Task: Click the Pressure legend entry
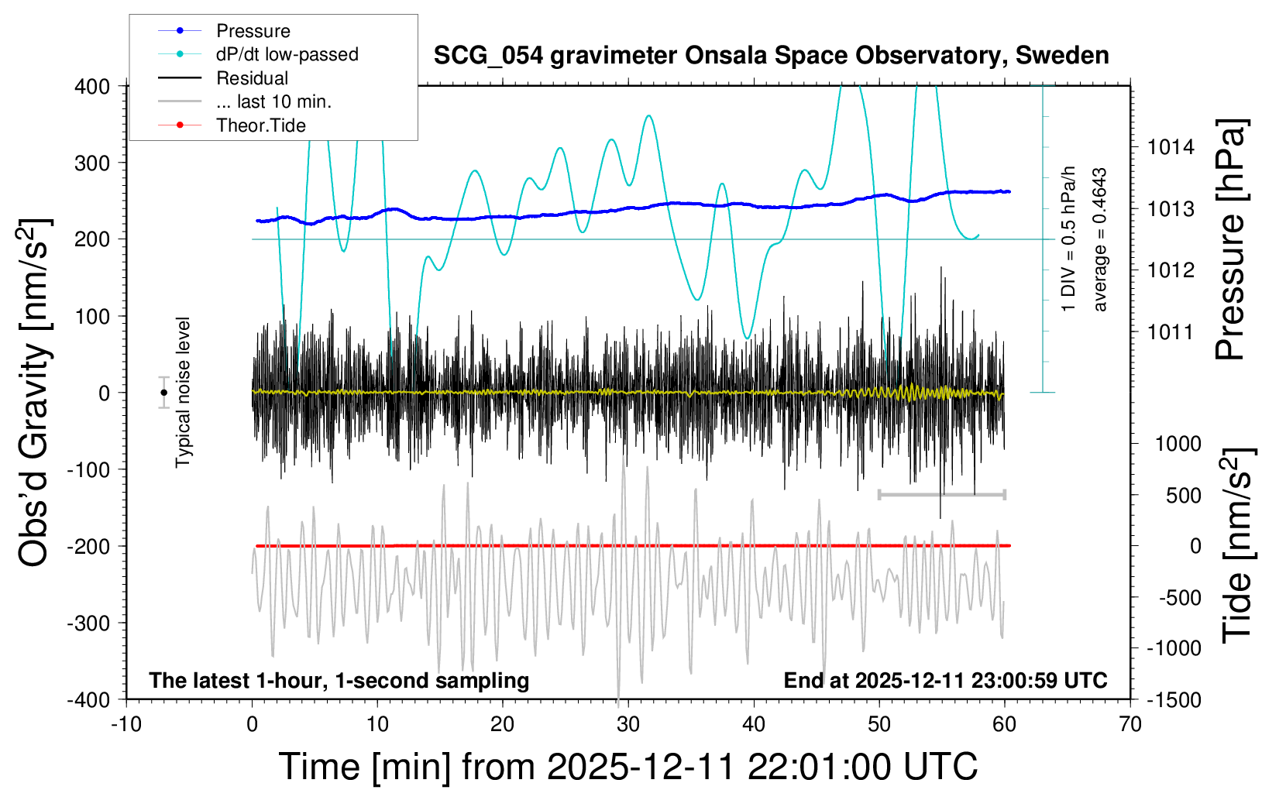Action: pos(253,31)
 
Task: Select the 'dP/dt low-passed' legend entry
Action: pos(287,54)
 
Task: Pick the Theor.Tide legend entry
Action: pos(260,125)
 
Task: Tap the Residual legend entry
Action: pos(252,78)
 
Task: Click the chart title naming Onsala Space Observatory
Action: pos(771,56)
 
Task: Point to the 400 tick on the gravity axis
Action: pos(92,87)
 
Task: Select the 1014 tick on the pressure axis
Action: pos(1171,147)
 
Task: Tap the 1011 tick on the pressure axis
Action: pos(1171,332)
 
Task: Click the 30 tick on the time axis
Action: pos(628,725)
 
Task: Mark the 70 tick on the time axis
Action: pos(1130,725)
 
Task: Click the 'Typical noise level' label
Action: pos(183,393)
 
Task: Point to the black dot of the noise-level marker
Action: pos(163,393)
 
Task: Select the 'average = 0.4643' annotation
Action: pos(1100,240)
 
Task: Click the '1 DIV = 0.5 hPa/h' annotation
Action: pos(1069,239)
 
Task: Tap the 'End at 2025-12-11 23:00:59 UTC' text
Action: pos(945,681)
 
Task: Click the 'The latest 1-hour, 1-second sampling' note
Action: pos(339,681)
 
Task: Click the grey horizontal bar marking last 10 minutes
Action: pos(941,494)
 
